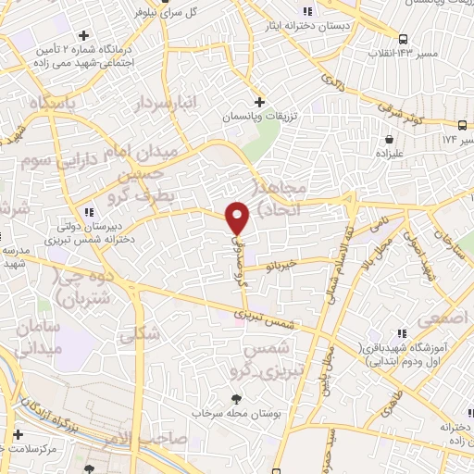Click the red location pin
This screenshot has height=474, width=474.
239,217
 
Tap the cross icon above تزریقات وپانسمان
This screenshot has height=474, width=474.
259,101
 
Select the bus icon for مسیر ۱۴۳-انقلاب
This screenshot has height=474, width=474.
404,39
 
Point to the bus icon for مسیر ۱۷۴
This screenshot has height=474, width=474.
463,125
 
